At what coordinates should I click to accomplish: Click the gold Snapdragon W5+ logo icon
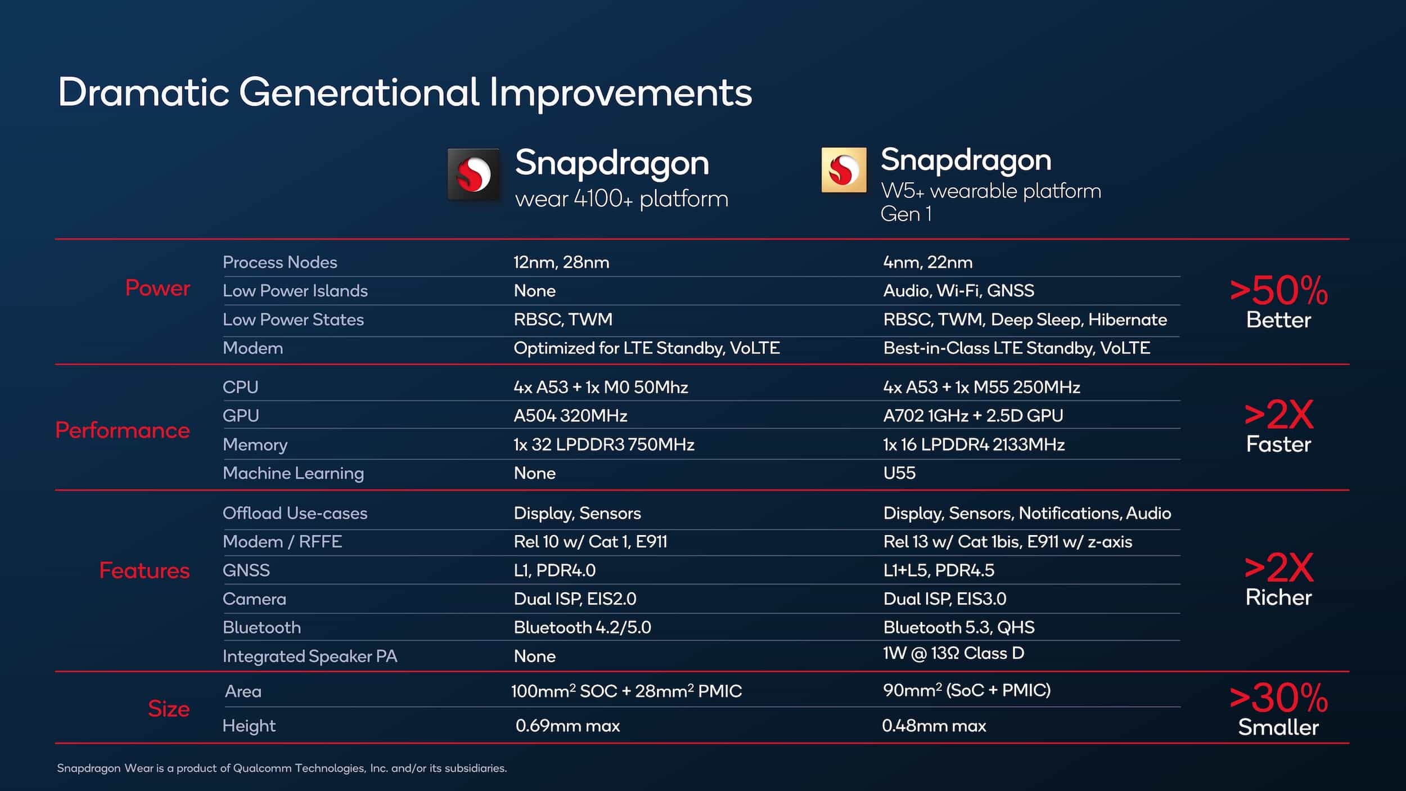tap(844, 170)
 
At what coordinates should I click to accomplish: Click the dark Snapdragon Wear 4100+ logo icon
tap(474, 174)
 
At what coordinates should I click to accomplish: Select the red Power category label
tap(157, 288)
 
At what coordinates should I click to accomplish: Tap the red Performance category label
tap(123, 430)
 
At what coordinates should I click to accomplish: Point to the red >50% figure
tap(1278, 291)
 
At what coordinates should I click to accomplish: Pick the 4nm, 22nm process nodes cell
tap(927, 262)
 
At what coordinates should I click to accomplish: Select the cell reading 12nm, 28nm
tap(561, 262)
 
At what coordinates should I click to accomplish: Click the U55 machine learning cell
tap(899, 473)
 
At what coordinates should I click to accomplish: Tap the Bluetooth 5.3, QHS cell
tap(958, 627)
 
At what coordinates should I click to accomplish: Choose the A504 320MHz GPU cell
tap(570, 416)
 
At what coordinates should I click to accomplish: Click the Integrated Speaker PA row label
tap(309, 657)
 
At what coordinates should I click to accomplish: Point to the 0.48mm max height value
tap(934, 726)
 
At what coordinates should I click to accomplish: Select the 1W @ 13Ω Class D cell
tap(953, 653)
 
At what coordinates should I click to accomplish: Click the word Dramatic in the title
tap(143, 93)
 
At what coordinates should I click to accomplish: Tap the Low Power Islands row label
tap(295, 291)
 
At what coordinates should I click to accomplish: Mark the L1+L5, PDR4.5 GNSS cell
tap(938, 570)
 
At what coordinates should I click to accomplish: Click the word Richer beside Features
tap(1278, 597)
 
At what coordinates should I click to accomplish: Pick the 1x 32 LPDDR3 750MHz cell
tap(603, 444)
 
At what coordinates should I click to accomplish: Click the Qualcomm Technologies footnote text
tap(281, 768)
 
